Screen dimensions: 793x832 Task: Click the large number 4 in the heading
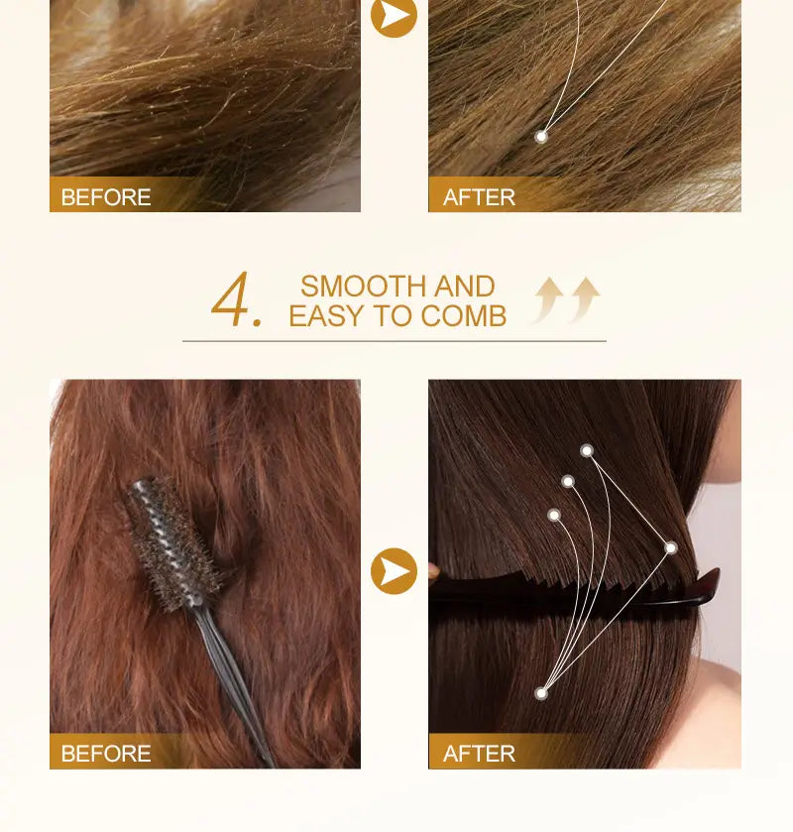tap(231, 298)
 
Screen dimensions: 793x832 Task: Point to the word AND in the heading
tap(464, 287)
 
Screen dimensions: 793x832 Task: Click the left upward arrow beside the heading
tap(548, 299)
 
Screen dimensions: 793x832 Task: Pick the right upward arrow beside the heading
tap(585, 299)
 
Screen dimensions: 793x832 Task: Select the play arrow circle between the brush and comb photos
tap(394, 571)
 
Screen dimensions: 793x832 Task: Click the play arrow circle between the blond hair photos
tap(394, 16)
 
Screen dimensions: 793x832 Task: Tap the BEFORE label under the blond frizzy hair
tap(106, 197)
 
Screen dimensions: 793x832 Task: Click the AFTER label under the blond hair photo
tap(479, 197)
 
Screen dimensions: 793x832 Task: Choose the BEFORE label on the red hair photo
tap(106, 754)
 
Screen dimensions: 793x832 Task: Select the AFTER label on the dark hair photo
tap(479, 754)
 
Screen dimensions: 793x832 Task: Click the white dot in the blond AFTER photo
tap(541, 137)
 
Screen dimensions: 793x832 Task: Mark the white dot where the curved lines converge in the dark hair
tap(541, 693)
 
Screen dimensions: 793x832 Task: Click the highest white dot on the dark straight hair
tap(587, 451)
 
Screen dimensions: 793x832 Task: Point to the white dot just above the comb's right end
tap(671, 547)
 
